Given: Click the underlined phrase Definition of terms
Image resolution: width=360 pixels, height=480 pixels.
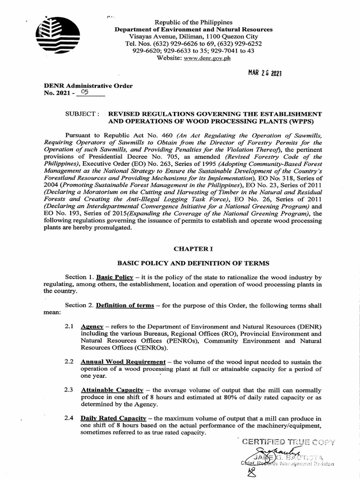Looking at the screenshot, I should click(x=125, y=305).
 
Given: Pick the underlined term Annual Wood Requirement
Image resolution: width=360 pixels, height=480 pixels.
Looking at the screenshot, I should click(x=123, y=362).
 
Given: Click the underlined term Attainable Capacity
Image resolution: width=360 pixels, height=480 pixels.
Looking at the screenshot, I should click(x=111, y=390).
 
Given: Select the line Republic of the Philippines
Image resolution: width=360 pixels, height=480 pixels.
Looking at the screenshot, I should click(x=194, y=22).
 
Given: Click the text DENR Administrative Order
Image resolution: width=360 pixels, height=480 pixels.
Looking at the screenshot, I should click(x=88, y=86).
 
